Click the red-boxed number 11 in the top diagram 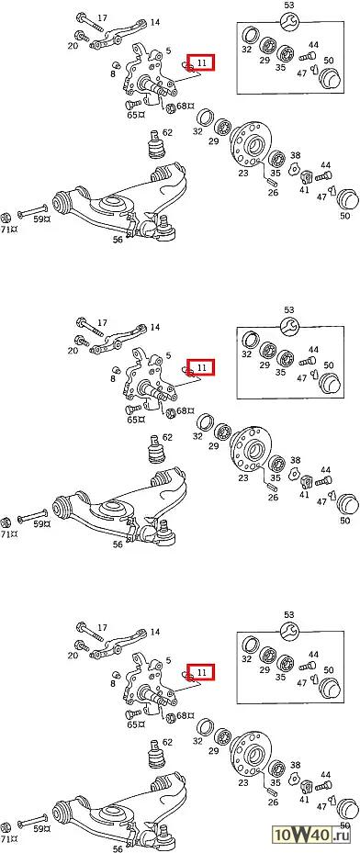pyautogui.click(x=201, y=62)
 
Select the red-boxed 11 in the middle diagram pyautogui.click(x=201, y=367)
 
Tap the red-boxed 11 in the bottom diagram pyautogui.click(x=201, y=672)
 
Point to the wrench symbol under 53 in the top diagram pyautogui.click(x=288, y=22)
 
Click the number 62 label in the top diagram pyautogui.click(x=167, y=132)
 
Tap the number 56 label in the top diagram pyautogui.click(x=118, y=240)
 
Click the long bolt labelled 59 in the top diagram pyautogui.click(x=33, y=213)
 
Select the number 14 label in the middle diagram pyautogui.click(x=155, y=327)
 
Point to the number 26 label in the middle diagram pyautogui.click(x=273, y=497)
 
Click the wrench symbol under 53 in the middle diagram pyautogui.click(x=288, y=326)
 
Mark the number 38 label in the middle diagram pyautogui.click(x=296, y=460)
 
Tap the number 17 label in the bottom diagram pyautogui.click(x=102, y=628)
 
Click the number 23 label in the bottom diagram pyautogui.click(x=242, y=782)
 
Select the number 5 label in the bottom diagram pyautogui.click(x=169, y=660)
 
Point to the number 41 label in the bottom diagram pyautogui.click(x=305, y=800)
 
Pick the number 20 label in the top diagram pyautogui.click(x=73, y=46)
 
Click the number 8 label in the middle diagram pyautogui.click(x=113, y=378)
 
